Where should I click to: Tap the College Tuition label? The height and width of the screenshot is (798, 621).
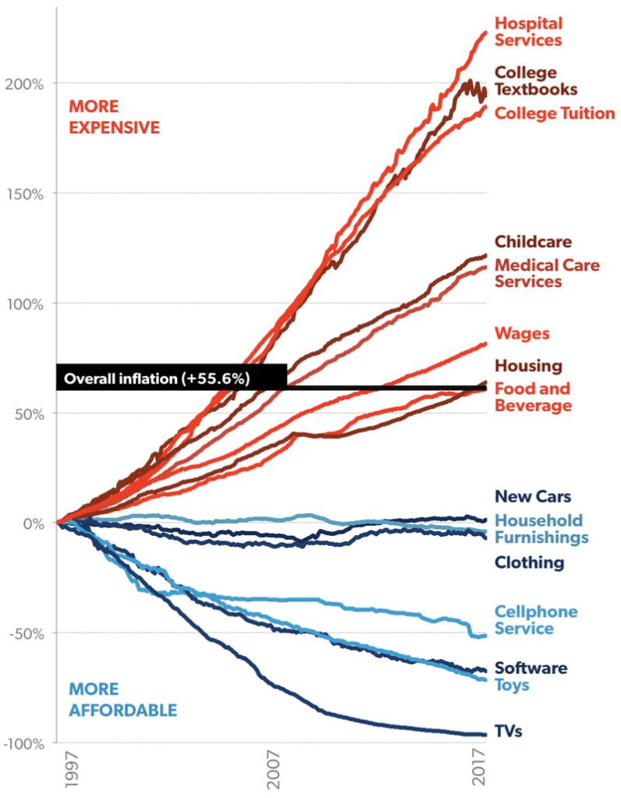[555, 114]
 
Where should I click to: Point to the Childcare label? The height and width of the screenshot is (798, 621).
[533, 242]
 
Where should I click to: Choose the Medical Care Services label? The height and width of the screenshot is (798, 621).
[547, 273]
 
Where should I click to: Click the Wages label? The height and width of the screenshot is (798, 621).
[522, 334]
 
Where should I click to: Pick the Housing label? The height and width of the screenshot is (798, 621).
[528, 366]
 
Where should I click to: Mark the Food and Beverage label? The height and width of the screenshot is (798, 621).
[533, 397]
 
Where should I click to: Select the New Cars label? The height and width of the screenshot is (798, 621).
[533, 496]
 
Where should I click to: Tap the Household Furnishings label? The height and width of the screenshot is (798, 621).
[541, 529]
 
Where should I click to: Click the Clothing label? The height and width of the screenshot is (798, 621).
[529, 562]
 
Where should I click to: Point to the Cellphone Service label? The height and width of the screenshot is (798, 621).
[536, 620]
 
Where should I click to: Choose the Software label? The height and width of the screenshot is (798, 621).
[531, 669]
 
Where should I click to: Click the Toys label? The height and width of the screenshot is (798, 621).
[512, 686]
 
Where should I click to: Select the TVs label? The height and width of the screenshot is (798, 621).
[508, 732]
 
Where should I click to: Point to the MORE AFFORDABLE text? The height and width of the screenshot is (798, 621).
[122, 700]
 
